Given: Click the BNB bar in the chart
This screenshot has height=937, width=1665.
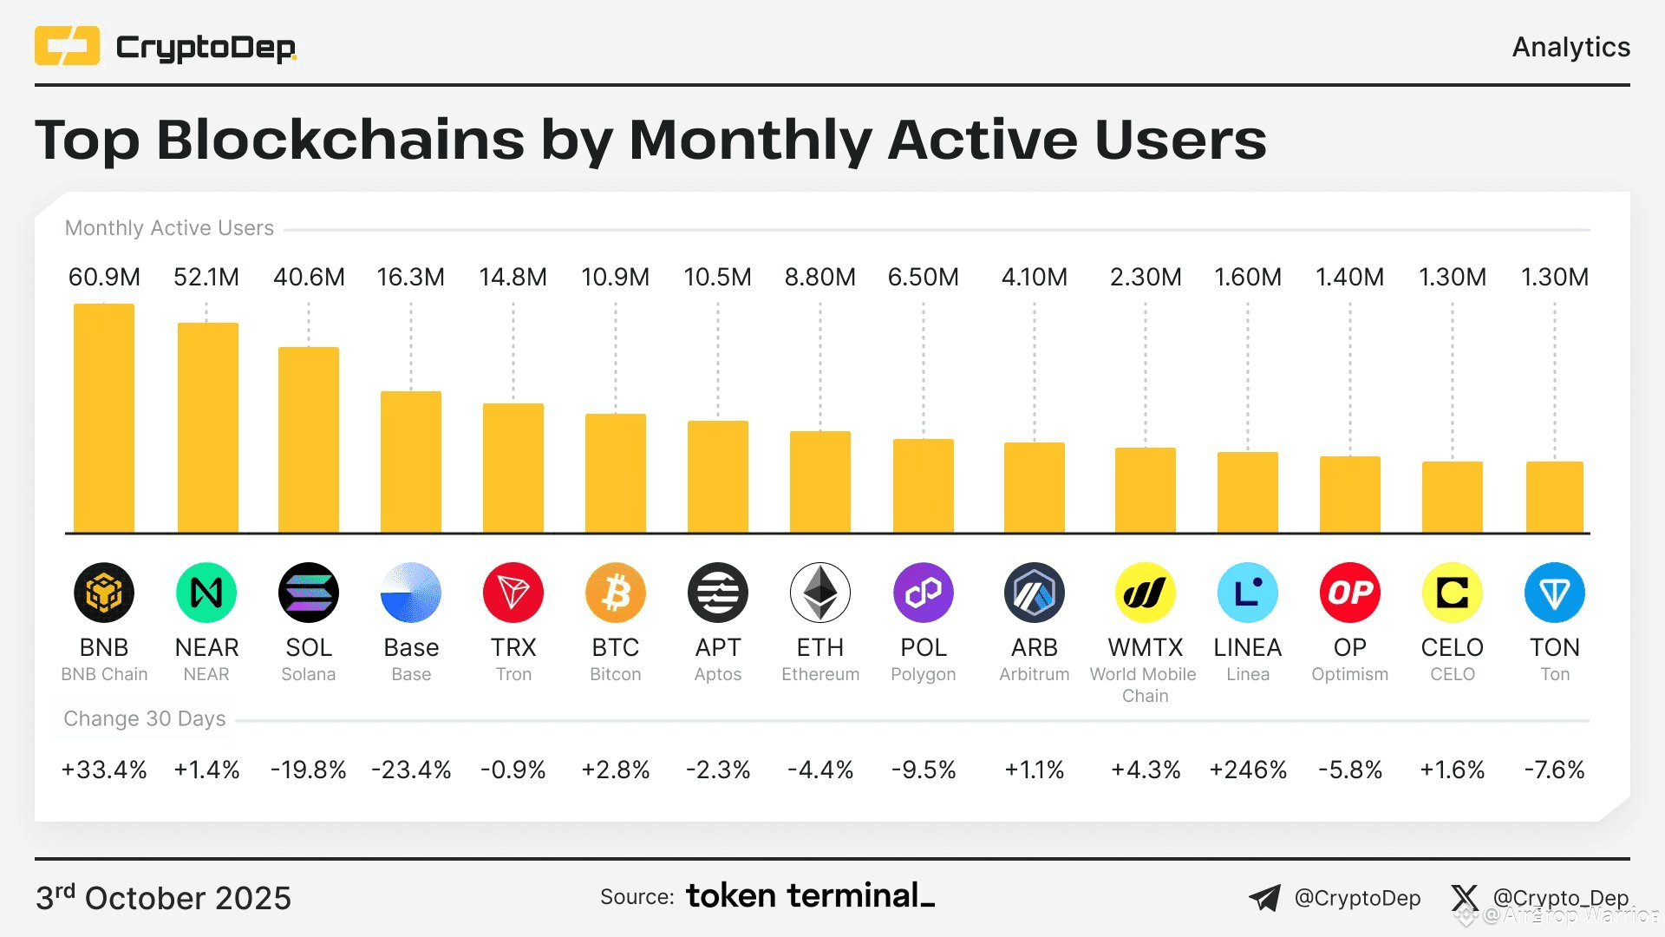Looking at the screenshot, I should coord(104,418).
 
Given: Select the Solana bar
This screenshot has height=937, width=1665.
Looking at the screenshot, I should coord(309,440).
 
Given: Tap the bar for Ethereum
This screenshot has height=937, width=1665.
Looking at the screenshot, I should coord(820,482).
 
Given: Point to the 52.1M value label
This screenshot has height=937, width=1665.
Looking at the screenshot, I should coord(206,278).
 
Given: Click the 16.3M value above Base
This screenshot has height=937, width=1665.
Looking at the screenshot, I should coord(411,278).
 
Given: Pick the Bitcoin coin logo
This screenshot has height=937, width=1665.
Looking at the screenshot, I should coord(616,593).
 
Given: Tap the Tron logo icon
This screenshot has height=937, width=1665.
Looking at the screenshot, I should coord(513,593).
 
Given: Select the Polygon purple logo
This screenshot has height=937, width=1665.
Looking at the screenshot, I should coord(924,593).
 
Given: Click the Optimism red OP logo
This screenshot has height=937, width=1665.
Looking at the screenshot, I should coord(1350,593).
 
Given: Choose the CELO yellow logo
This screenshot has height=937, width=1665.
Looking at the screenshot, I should coord(1453,593).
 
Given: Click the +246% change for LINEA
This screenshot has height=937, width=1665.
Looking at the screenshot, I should coord(1248,770).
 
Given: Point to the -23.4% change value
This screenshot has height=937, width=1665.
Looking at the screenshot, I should coord(411,770).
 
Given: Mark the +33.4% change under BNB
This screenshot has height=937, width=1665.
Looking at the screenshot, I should coord(104,770).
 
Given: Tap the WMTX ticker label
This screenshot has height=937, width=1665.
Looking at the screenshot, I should coord(1146,647).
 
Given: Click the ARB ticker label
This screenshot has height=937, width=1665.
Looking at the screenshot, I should coord(1035,647).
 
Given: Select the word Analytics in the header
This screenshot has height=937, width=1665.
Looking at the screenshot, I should coord(1570,47).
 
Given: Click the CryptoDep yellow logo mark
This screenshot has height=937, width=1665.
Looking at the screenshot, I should coord(67,46).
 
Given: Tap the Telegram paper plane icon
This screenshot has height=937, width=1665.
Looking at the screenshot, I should coord(1265,898).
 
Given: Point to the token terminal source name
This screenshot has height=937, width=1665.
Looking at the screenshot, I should coord(810,895).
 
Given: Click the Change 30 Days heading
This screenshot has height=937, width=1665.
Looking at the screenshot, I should coord(145,718).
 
